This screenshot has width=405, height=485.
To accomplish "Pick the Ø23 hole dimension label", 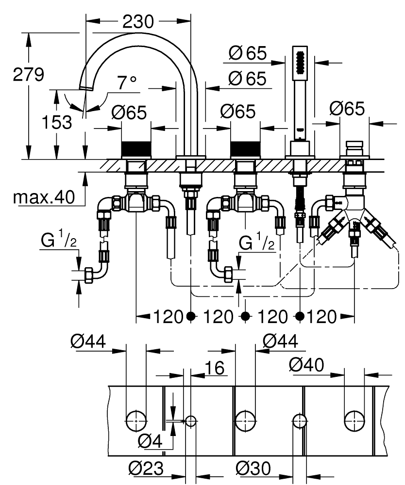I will (146, 469).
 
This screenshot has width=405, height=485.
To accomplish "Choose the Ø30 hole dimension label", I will (253, 469).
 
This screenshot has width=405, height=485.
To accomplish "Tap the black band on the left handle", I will (136, 148).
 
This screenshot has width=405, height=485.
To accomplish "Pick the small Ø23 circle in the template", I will (191, 420).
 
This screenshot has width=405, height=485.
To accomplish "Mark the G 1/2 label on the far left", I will (56, 241).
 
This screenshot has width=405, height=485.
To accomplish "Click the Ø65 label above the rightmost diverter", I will (347, 109).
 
